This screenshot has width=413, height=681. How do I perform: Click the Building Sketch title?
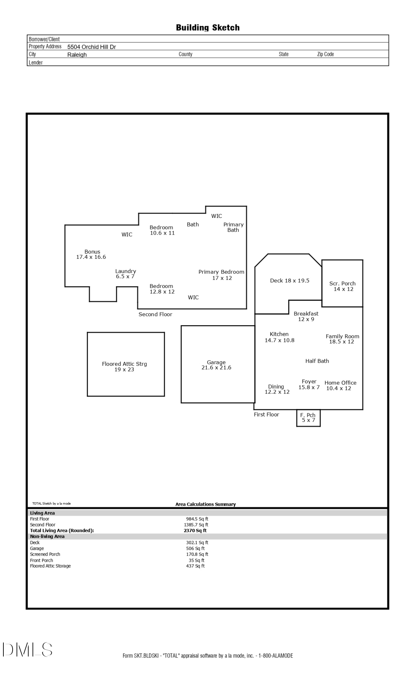pos(208,28)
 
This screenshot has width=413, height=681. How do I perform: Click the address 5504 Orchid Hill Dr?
pos(92,47)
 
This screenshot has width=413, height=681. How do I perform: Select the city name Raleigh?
pos(77,55)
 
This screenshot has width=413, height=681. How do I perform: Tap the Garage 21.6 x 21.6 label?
pos(216,365)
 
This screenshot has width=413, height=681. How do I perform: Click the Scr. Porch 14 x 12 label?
pos(343,286)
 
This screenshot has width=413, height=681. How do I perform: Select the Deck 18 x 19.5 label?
pos(290,281)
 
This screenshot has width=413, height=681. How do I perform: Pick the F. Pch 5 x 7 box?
pos(308,418)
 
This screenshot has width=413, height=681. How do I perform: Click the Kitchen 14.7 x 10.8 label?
pos(279,337)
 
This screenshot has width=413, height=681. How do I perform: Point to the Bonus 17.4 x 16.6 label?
pos(91,254)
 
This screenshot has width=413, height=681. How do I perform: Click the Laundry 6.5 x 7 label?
pos(126,274)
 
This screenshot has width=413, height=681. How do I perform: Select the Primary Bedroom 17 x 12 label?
pos(221,275)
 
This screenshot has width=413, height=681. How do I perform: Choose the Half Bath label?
pos(317,361)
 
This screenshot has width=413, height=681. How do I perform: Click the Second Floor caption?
pos(155,314)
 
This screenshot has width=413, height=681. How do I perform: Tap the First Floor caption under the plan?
pos(266,414)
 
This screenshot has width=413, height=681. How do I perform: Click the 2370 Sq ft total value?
pos(195,530)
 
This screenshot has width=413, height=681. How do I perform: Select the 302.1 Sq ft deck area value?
pos(197,542)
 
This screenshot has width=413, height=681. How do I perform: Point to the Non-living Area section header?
pos(47,536)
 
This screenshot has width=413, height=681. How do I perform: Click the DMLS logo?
pos(27,650)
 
